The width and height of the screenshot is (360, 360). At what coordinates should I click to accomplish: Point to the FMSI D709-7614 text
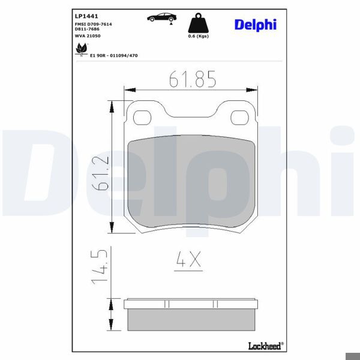tap(93, 23)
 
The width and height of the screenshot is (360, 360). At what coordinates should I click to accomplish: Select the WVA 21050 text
tap(87, 37)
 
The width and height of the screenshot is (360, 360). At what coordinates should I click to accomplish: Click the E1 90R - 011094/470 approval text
tap(114, 55)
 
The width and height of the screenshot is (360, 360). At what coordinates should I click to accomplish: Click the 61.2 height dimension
tap(100, 174)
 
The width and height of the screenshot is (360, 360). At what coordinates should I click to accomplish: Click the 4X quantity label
tap(188, 259)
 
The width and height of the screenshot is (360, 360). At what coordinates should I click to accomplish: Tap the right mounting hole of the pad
tap(241, 116)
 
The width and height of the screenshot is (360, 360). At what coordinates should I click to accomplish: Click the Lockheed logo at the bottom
tap(266, 345)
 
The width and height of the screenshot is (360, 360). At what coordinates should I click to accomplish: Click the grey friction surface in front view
tap(192, 180)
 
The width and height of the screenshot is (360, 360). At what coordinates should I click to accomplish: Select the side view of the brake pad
tap(192, 315)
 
